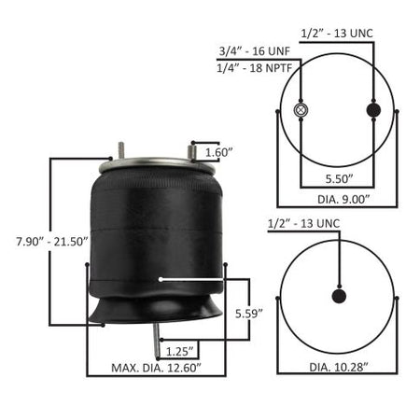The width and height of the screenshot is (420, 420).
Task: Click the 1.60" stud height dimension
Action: (219, 152)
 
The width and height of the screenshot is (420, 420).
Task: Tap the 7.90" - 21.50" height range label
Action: (52, 242)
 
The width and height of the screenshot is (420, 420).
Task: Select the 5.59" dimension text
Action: (249, 314)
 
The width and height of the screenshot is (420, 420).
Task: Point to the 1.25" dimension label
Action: (180, 352)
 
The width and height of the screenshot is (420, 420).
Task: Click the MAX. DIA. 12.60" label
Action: (156, 368)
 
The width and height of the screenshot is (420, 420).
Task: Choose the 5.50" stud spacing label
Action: (340, 179)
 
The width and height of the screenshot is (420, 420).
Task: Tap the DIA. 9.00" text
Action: (343, 200)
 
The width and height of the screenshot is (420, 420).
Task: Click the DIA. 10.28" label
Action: (339, 367)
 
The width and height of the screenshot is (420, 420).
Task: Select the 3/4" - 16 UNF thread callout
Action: (255, 51)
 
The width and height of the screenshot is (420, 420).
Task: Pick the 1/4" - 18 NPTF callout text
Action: (254, 68)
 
